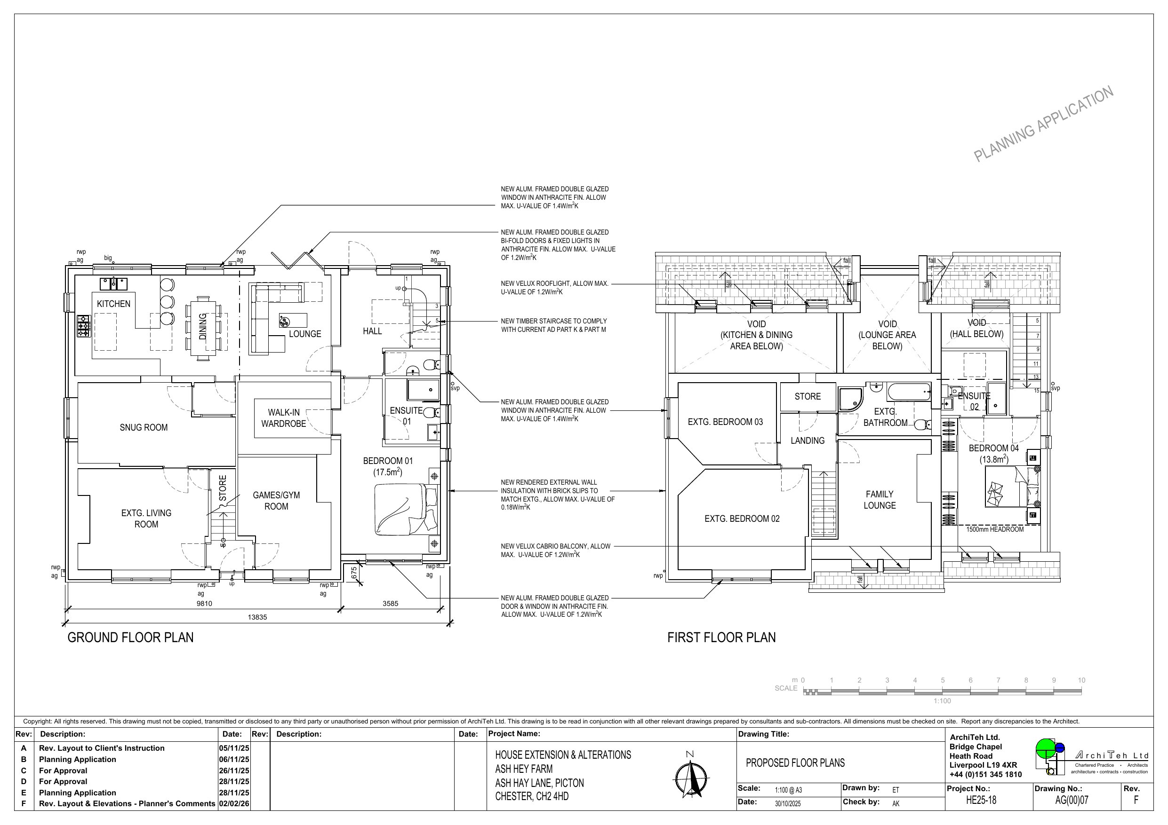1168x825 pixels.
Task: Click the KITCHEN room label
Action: pos(113,304)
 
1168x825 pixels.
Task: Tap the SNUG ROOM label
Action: pos(144,427)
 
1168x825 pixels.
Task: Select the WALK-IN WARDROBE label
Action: pos(284,418)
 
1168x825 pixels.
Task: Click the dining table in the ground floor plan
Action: pos(203,327)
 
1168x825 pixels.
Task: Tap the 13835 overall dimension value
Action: pos(257,617)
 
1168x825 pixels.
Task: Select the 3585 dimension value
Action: pos(390,604)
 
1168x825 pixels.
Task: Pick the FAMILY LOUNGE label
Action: pos(880,500)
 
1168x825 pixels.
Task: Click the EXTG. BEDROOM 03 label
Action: pos(726,422)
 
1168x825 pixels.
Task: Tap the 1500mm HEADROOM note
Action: pos(995,530)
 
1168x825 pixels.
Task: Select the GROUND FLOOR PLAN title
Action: pos(131,637)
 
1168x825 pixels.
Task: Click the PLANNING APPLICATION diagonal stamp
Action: pos(1044,124)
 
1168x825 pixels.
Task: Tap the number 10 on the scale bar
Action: pos(1081,680)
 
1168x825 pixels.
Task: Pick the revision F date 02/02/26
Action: pos(234,804)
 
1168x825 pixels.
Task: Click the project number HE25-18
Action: pos(981,800)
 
